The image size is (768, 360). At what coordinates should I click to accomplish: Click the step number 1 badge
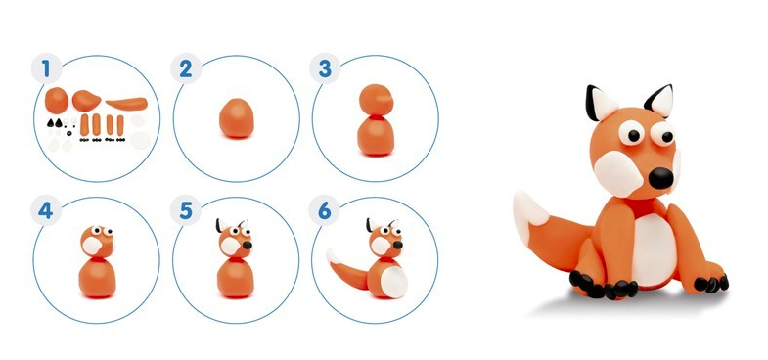(x=47, y=68)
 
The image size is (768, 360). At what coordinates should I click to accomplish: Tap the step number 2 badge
(x=186, y=68)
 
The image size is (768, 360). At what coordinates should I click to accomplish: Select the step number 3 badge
(x=325, y=68)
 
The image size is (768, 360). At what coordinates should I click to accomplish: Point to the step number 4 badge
(x=46, y=210)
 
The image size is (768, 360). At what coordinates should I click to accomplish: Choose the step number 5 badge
(x=186, y=210)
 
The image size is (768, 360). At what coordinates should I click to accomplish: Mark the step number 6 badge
(x=324, y=210)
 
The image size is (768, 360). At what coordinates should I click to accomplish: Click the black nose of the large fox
(x=661, y=178)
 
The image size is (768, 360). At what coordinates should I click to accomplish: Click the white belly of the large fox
(x=654, y=249)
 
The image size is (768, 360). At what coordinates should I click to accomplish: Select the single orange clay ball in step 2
(x=236, y=117)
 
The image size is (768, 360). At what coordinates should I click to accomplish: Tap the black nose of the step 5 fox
(x=248, y=245)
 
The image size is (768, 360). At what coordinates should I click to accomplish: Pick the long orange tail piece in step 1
(x=126, y=104)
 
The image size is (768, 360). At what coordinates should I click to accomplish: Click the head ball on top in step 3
(x=376, y=101)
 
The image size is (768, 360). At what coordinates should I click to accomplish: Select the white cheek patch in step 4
(x=92, y=246)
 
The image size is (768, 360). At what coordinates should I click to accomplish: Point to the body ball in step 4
(x=98, y=278)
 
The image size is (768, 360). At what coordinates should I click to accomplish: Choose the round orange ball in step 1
(x=57, y=101)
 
